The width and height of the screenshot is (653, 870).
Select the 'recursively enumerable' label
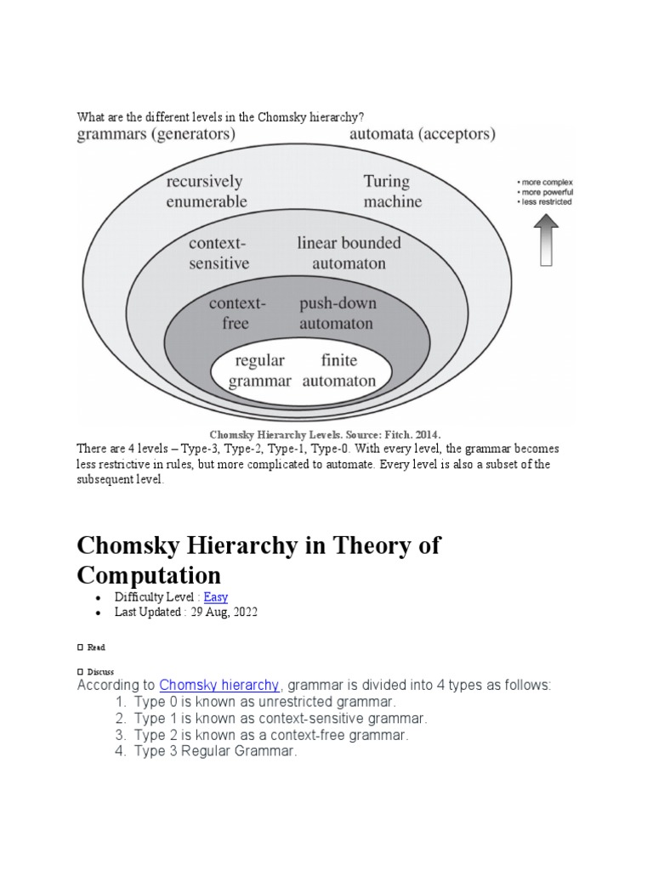pos(206,191)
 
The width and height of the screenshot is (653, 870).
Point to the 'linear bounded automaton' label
pos(349,252)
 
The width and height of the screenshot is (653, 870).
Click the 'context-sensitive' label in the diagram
pos(219,252)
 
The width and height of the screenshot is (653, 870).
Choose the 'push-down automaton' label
pos(338,313)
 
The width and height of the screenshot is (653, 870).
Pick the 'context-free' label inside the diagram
pos(237,313)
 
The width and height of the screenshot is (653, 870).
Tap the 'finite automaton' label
pos(338,370)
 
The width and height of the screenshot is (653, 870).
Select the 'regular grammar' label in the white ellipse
pos(260,370)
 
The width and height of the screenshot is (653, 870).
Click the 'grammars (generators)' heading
pos(156,134)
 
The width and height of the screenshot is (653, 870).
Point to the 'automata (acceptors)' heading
pos(423,134)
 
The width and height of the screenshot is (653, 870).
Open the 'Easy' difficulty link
pos(216,597)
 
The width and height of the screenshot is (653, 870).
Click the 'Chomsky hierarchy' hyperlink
pos(219,685)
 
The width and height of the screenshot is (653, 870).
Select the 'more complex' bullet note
pos(548,182)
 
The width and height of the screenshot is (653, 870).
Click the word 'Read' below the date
pos(96,647)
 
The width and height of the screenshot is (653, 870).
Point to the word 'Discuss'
pos(100,671)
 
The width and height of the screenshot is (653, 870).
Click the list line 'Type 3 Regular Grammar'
pos(215,751)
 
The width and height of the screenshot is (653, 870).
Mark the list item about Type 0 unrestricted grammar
pos(264,703)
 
